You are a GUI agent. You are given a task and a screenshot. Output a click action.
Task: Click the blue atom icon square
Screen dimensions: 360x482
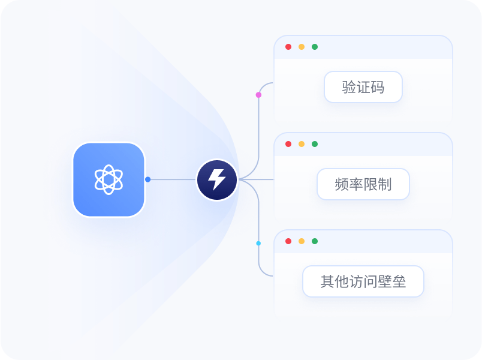tap(109, 179)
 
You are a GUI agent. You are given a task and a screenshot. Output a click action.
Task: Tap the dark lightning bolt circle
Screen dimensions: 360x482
tap(217, 179)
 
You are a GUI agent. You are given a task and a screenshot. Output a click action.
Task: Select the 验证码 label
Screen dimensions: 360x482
tap(363, 88)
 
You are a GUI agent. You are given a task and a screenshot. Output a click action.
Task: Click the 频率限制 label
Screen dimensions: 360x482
tap(363, 184)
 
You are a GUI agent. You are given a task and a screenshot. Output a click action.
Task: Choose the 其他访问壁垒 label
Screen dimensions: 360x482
tap(363, 281)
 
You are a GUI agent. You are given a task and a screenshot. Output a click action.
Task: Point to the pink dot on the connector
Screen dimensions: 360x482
tap(258, 95)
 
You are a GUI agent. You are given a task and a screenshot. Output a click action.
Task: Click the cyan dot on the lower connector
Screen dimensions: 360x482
tap(258, 243)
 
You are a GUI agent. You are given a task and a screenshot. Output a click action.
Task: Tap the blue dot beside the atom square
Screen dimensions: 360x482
tap(147, 179)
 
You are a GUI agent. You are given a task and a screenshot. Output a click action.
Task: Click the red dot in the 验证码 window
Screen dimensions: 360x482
tap(288, 47)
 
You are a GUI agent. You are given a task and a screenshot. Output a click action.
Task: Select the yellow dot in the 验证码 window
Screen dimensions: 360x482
tap(302, 47)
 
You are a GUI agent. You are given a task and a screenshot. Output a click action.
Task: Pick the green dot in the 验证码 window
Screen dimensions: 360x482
tap(315, 47)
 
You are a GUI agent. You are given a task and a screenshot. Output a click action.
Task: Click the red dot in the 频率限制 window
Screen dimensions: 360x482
tap(288, 144)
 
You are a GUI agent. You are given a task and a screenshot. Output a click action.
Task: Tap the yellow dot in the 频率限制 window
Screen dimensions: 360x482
tap(302, 144)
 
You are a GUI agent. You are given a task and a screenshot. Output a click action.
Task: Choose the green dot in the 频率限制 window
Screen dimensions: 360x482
tap(315, 144)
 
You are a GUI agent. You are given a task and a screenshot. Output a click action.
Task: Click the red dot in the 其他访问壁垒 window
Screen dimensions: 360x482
tap(288, 241)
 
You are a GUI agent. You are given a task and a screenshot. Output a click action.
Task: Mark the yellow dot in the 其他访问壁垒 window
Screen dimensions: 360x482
tap(302, 241)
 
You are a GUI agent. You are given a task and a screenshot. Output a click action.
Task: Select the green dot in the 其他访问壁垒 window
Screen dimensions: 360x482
tap(315, 241)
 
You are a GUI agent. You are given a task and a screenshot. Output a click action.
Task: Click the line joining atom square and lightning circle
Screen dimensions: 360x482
tap(173, 179)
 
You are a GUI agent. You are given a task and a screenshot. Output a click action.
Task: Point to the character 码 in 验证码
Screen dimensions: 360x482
tap(377, 88)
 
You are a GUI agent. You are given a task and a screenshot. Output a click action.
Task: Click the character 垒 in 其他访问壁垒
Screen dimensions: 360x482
tap(399, 281)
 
